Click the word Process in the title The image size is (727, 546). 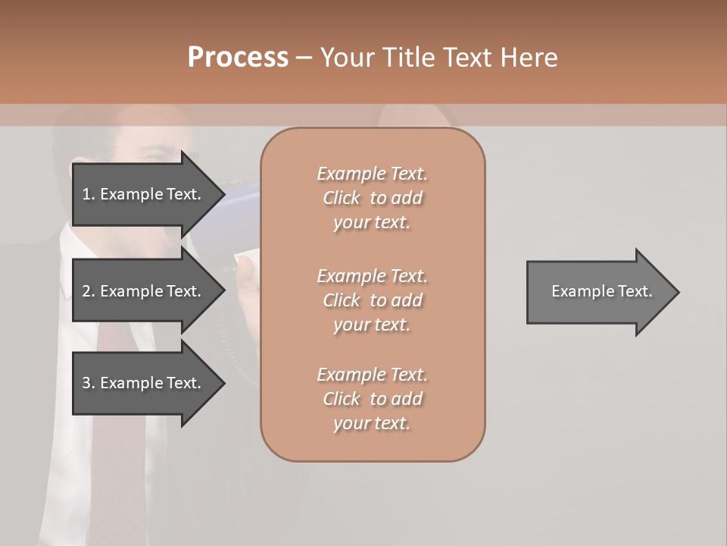(x=238, y=57)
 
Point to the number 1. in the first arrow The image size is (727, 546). (x=89, y=194)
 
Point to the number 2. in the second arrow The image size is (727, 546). (x=89, y=291)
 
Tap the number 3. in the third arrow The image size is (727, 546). (x=89, y=383)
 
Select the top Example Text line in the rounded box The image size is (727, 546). (x=372, y=174)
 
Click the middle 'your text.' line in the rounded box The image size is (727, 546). (x=372, y=325)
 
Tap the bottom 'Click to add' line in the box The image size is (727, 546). (x=372, y=399)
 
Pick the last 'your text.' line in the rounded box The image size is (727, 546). (x=372, y=423)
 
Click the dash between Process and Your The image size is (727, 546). (x=303, y=58)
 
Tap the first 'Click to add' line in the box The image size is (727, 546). (x=372, y=198)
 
